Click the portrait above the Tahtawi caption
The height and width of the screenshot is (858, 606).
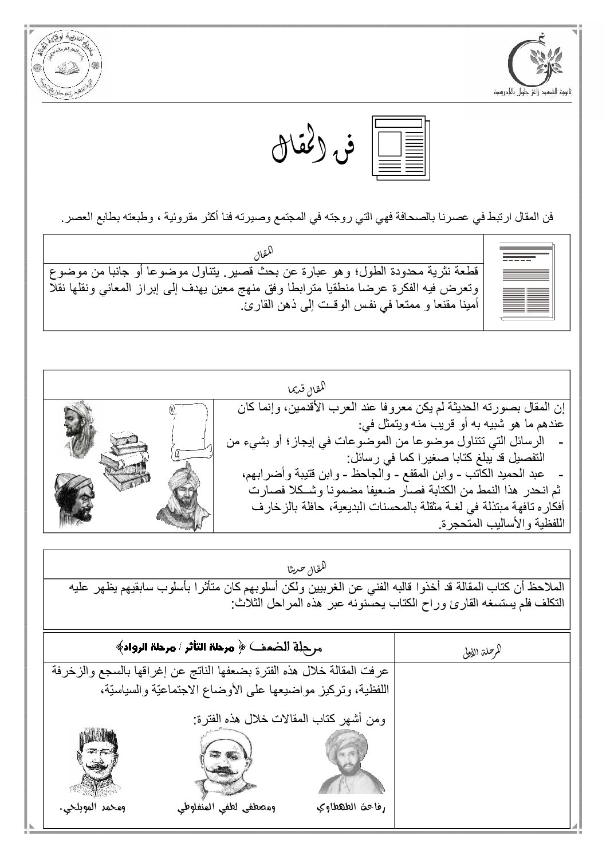tap(351, 761)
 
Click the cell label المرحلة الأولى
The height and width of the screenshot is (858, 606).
tap(481, 650)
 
